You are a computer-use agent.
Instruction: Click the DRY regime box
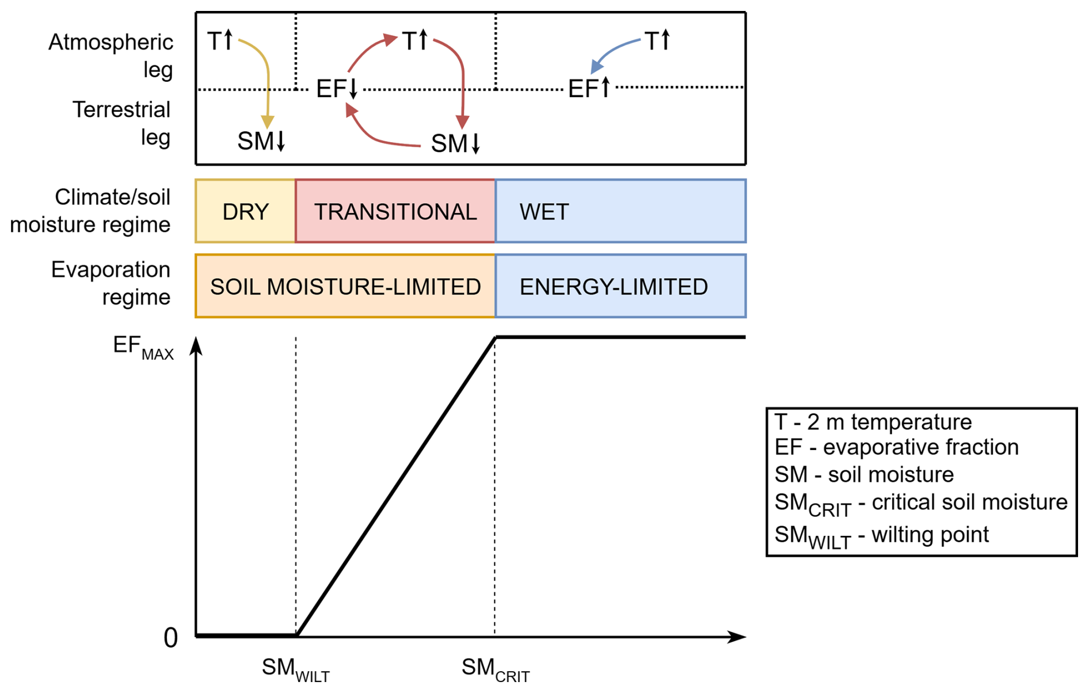245,211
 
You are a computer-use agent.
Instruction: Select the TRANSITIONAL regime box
395,211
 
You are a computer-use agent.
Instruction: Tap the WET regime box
620,211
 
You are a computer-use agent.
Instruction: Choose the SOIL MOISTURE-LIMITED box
345,286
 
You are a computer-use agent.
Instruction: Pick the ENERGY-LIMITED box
620,286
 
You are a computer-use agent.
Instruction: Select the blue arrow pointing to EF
614,51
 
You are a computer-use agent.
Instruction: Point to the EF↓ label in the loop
337,89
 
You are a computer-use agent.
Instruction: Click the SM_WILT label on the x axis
295,669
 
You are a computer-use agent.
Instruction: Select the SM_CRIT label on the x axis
495,669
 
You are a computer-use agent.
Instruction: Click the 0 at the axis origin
170,638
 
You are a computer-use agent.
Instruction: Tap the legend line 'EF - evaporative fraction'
896,447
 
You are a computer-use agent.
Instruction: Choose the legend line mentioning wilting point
881,536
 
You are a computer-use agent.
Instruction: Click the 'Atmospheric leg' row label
111,56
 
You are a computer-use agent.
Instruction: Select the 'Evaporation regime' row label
111,283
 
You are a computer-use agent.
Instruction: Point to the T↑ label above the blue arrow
657,41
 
